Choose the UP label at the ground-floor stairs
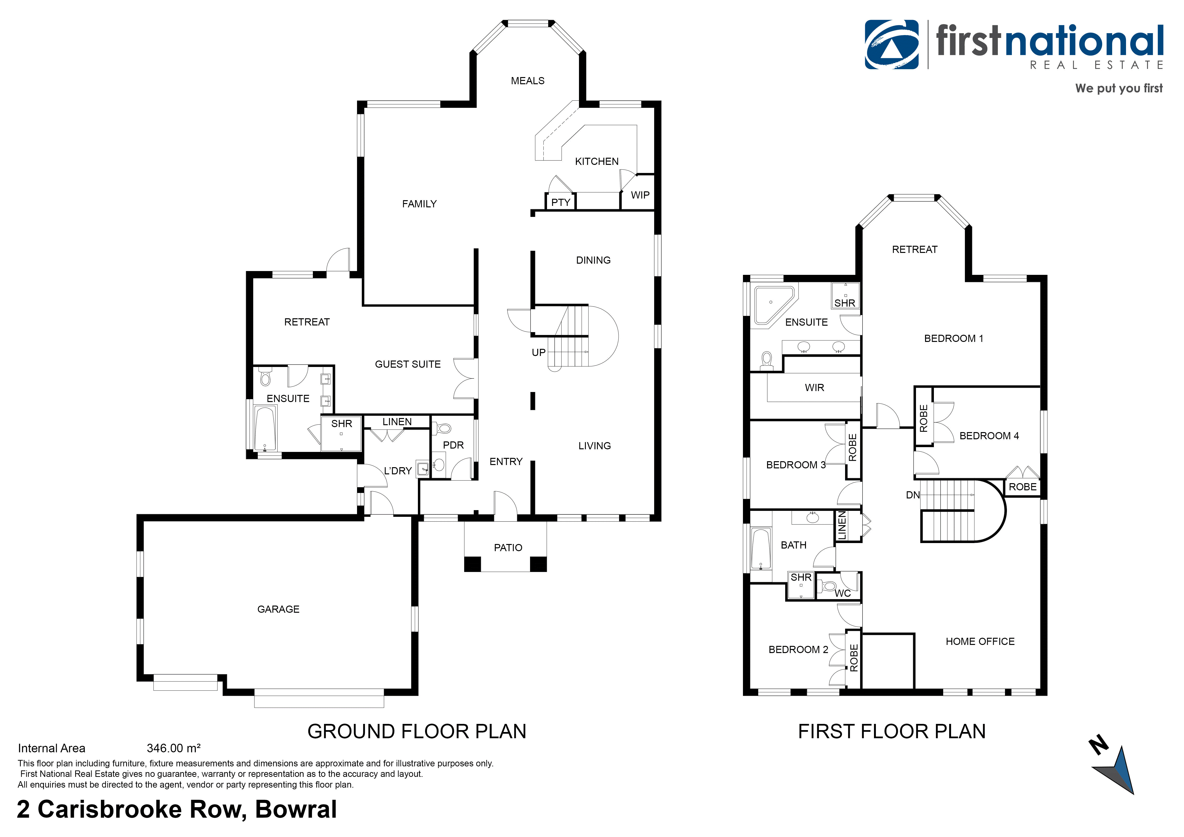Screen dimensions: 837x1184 pos(538,353)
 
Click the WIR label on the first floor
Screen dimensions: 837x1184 pos(814,387)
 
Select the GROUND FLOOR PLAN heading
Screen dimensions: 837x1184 pos(417,731)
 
